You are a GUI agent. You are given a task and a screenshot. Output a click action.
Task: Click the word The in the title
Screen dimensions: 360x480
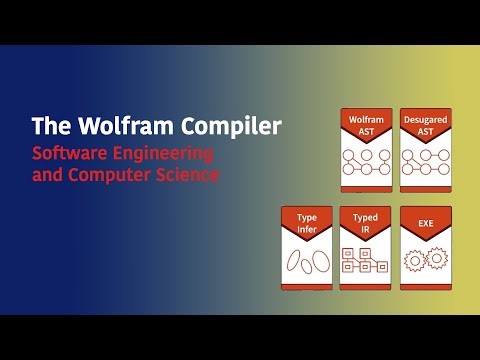[49, 127]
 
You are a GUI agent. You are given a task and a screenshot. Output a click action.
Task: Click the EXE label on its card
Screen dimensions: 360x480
[425, 219]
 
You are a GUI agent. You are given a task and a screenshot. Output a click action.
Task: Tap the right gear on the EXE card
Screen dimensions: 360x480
[436, 259]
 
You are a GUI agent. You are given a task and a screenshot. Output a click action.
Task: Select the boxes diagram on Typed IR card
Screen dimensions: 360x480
[366, 261]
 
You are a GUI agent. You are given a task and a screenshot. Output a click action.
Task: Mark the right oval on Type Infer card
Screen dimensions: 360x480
[317, 260]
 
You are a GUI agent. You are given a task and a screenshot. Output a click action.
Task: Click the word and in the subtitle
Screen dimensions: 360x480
[50, 174]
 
